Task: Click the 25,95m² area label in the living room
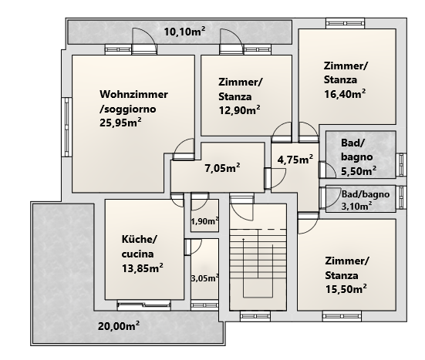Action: pos(120,123)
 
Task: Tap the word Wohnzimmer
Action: pos(133,94)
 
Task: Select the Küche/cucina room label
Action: pos(139,247)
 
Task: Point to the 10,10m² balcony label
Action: pos(184,32)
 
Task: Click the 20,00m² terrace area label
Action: pos(119,326)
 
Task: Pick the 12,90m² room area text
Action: pos(240,110)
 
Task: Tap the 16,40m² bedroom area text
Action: pos(345,94)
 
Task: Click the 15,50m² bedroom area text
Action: pos(346,289)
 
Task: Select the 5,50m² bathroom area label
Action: pos(359,171)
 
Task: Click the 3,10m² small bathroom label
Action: pos(356,206)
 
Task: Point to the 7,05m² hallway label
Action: pos(222,168)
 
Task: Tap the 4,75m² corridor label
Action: pos(295,160)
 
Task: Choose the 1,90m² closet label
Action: pos(204,221)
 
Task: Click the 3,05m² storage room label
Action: pos(204,278)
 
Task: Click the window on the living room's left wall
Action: pos(66,127)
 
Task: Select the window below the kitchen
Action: pos(144,305)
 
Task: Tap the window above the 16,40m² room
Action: pos(345,23)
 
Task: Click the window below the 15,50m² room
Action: pos(342,316)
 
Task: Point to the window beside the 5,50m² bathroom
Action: pos(401,164)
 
